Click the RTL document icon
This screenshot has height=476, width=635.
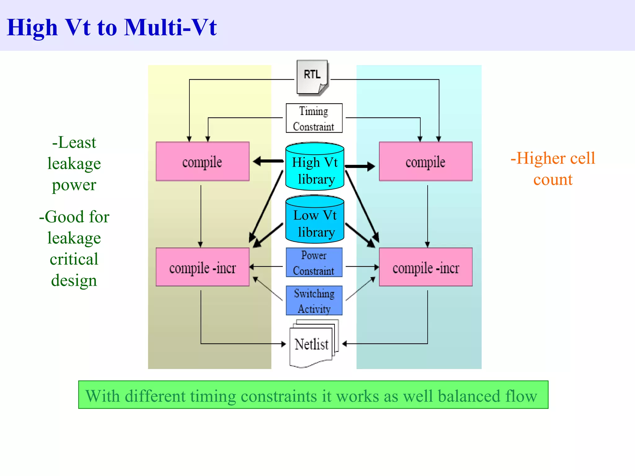click(x=312, y=77)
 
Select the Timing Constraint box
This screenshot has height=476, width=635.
click(x=314, y=118)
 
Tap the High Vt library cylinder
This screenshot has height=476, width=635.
click(x=314, y=167)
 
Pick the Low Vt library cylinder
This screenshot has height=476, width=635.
click(x=314, y=219)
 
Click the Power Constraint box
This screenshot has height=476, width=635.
click(x=314, y=262)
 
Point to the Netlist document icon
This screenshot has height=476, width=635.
click(x=312, y=344)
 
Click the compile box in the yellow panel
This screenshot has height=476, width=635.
click(x=202, y=162)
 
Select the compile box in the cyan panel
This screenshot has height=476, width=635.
click(x=425, y=162)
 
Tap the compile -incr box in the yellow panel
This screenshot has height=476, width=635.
click(x=202, y=267)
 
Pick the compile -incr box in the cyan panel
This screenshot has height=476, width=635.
click(x=425, y=267)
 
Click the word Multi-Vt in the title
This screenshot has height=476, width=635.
click(x=170, y=27)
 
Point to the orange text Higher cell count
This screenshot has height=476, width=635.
click(x=553, y=169)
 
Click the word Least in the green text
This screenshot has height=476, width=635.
click(x=77, y=143)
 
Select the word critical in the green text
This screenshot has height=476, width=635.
click(x=74, y=259)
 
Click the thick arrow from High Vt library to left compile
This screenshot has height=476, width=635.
click(x=269, y=161)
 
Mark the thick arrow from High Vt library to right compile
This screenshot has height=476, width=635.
click(x=360, y=166)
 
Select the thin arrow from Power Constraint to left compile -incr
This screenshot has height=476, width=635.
click(x=266, y=267)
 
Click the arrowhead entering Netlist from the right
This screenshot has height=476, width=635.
click(x=345, y=344)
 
